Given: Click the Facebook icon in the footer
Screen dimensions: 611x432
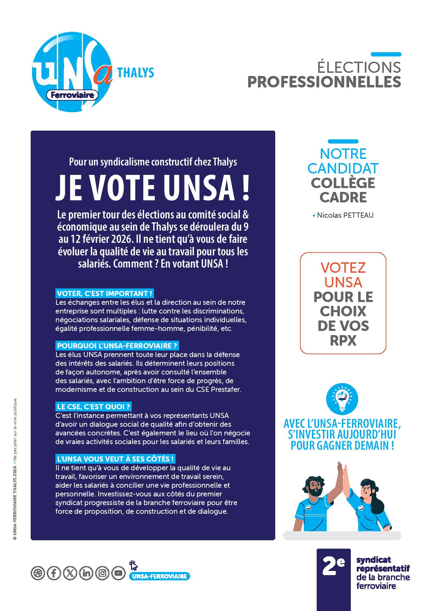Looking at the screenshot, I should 54,573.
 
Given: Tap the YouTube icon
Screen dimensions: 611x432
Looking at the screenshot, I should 118,573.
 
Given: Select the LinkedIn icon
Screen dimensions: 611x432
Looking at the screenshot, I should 86,573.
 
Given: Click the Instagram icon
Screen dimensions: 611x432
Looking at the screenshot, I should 102,573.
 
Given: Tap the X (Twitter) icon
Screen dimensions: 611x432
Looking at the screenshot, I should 70,573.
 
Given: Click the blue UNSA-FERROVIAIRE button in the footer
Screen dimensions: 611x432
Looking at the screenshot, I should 160,576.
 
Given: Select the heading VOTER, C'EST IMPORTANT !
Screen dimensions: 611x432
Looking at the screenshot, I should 105,293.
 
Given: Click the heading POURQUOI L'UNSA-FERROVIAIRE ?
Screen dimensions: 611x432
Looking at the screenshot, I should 117,346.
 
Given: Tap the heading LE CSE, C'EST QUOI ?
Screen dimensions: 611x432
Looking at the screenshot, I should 93,407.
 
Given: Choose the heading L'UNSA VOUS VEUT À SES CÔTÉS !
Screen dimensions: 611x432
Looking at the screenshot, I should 115,458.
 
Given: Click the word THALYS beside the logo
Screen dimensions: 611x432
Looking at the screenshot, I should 136,73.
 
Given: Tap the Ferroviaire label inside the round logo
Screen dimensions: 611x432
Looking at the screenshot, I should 72,95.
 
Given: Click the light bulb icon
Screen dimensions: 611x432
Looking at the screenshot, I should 342,398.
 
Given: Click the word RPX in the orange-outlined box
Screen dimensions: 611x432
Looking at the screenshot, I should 343,341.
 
